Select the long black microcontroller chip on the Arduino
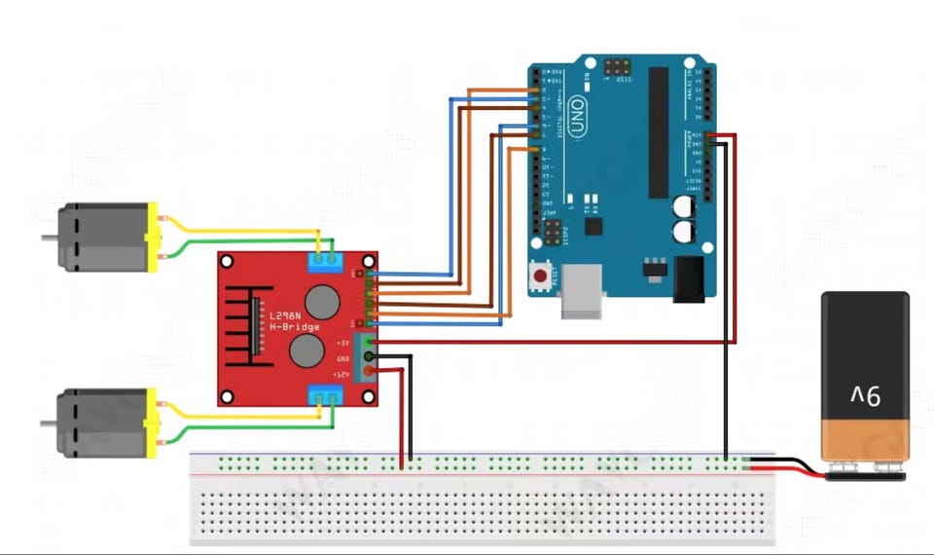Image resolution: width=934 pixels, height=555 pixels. [x=659, y=131]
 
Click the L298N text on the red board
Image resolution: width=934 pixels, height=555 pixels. [x=285, y=315]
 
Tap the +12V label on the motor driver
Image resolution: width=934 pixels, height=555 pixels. [x=341, y=374]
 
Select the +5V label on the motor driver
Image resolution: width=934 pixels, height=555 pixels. [x=341, y=343]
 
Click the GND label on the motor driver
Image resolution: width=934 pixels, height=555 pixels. [x=341, y=358]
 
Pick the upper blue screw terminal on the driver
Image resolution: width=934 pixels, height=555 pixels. [x=324, y=259]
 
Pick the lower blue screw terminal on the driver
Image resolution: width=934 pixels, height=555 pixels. [x=324, y=394]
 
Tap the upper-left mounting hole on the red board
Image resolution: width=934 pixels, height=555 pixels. [x=227, y=261]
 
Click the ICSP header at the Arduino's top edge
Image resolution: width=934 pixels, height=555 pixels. [x=616, y=68]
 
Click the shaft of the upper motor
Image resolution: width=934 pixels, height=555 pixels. [x=48, y=237]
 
